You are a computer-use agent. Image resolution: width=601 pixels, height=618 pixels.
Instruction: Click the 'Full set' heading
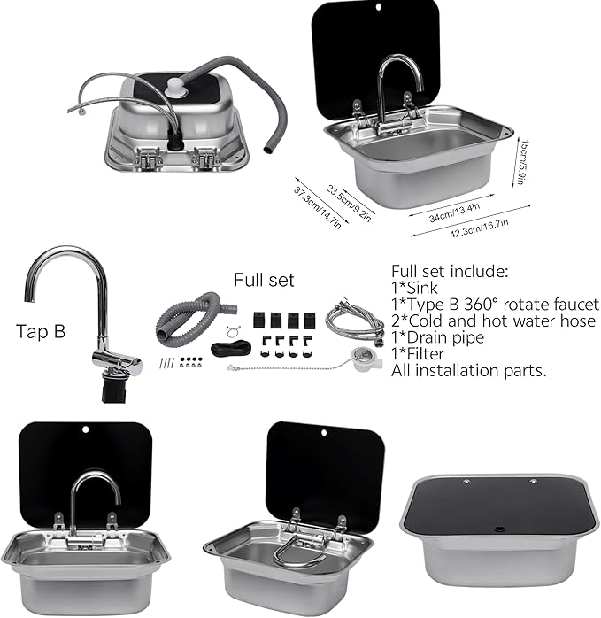click(264, 280)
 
